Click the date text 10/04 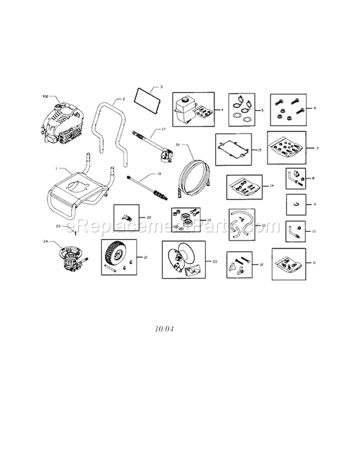[x=164, y=330]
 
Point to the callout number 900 [x=46, y=96]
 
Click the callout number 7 [x=317, y=148]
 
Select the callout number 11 [x=314, y=263]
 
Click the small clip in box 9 [x=296, y=204]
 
